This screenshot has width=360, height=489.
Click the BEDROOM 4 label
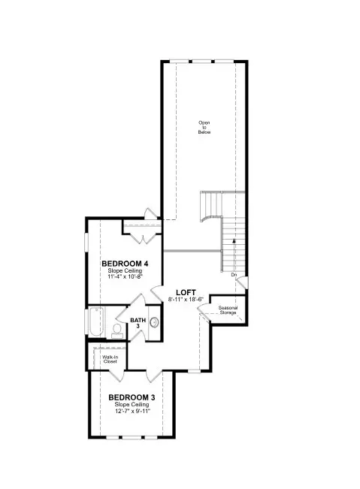click(x=125, y=264)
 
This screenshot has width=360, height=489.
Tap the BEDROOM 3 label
click(x=131, y=397)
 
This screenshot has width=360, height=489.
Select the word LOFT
click(x=186, y=292)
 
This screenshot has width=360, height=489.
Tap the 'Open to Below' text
click(x=204, y=127)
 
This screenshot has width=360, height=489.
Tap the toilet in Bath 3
click(x=118, y=329)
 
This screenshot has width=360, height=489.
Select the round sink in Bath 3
click(x=154, y=322)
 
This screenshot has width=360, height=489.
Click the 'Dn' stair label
click(x=234, y=276)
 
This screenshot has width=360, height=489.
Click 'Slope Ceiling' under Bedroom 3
click(x=131, y=404)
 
